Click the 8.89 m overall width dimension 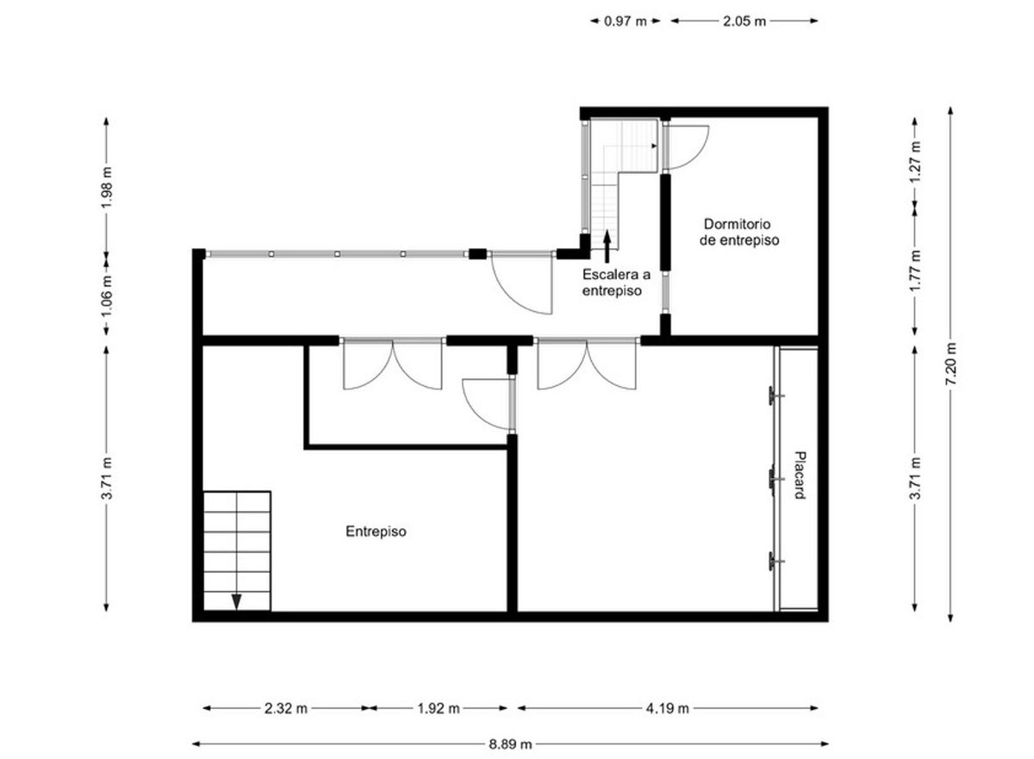[510, 743]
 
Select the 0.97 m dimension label [626, 22]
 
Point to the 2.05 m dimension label [744, 22]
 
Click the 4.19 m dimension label [667, 708]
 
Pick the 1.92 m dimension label [439, 708]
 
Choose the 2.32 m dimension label [286, 708]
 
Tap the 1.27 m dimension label [915, 161]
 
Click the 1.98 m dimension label [107, 187]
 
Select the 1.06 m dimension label [107, 296]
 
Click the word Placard [800, 476]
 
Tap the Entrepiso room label [377, 532]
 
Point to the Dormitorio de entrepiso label [739, 232]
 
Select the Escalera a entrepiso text [616, 283]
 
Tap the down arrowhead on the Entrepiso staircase [236, 601]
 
